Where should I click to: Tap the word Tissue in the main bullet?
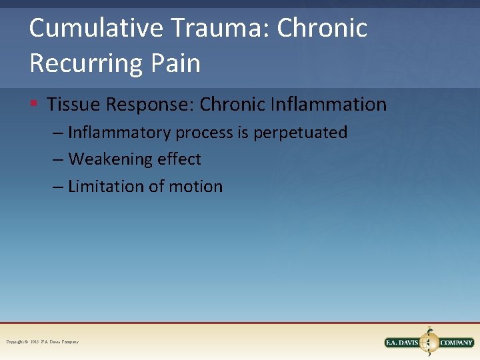coord(70,105)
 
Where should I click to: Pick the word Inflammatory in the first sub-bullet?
coord(120,133)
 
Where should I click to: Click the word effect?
coord(179,159)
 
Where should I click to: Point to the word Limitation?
coord(105,187)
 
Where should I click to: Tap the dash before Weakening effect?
coord(58,160)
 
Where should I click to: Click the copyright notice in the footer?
coord(42,342)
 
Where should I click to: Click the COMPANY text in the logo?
coord(456,343)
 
